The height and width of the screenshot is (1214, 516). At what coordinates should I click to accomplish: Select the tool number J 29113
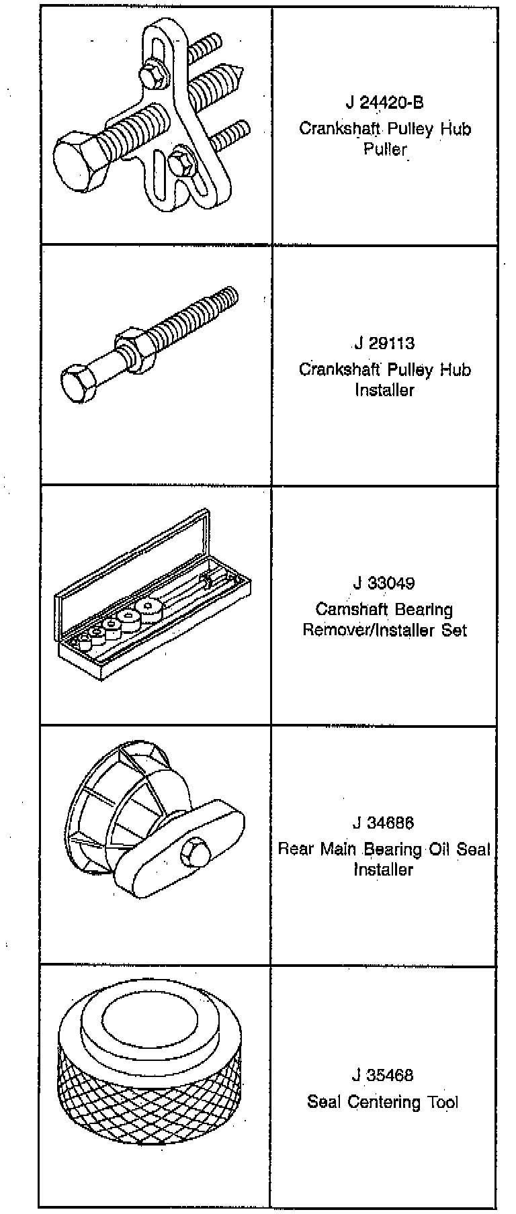click(x=384, y=344)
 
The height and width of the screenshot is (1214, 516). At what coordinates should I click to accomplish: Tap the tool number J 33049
click(x=384, y=583)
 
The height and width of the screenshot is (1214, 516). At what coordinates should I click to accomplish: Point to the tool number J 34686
click(x=384, y=823)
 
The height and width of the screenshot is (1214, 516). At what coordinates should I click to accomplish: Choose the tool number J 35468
click(x=383, y=1075)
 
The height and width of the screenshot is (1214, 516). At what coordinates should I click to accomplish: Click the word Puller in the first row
click(x=385, y=149)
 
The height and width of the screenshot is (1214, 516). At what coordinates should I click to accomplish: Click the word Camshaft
click(x=347, y=610)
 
